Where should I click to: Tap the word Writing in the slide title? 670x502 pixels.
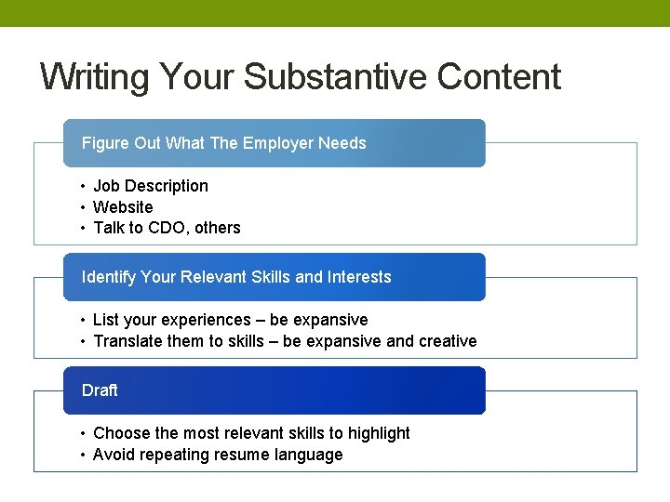pyautogui.click(x=96, y=77)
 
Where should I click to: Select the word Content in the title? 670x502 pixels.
pyautogui.click(x=499, y=77)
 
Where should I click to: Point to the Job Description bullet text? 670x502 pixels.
pyautogui.click(x=151, y=186)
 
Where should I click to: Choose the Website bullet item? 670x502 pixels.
pyautogui.click(x=123, y=207)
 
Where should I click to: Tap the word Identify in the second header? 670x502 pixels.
pyautogui.click(x=109, y=277)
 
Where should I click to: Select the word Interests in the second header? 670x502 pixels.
pyautogui.click(x=359, y=277)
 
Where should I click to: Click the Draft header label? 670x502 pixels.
pyautogui.click(x=100, y=390)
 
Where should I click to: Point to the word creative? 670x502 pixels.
pyautogui.click(x=448, y=341)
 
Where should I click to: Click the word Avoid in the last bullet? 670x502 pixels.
pyautogui.click(x=114, y=455)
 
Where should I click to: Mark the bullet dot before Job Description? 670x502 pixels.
pyautogui.click(x=83, y=186)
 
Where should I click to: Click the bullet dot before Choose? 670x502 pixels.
pyautogui.click(x=83, y=433)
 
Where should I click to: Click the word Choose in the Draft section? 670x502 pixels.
pyautogui.click(x=121, y=433)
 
